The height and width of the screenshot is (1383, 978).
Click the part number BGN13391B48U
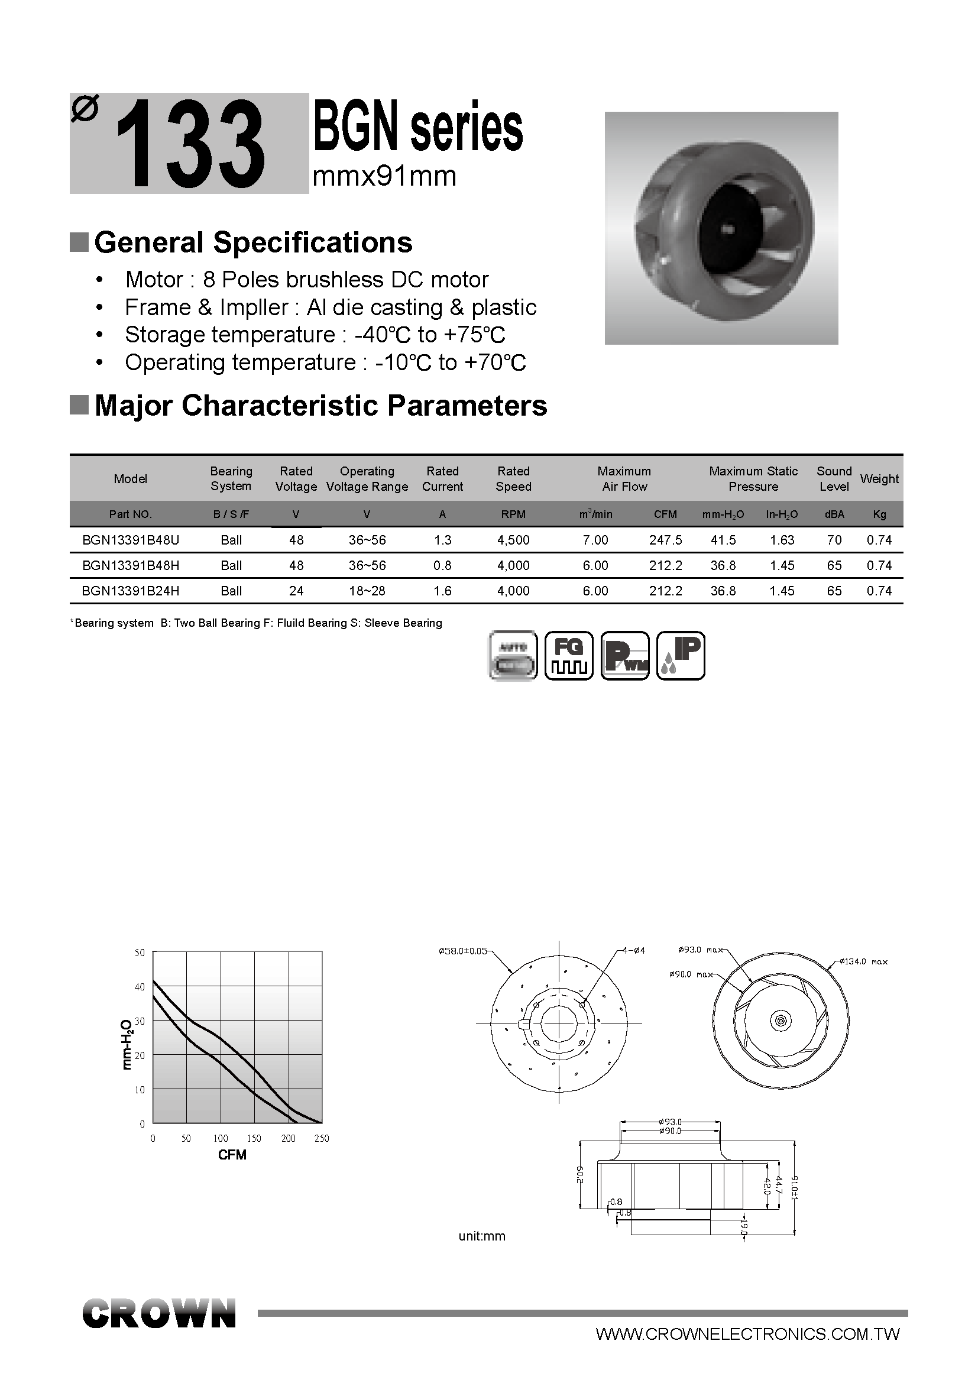pos(131,540)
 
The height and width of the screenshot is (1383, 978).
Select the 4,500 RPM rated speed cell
pos(513,540)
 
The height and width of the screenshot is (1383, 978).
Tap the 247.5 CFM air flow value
pos(665,540)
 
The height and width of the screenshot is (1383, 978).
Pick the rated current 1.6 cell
pos(443,591)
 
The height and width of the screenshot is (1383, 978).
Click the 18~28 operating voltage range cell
pos(367,591)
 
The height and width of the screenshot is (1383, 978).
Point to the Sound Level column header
pos(834,479)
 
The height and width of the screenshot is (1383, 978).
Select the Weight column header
pos(879,479)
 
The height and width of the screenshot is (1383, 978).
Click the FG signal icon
pos(569,656)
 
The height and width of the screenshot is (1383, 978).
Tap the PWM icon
pos(625,656)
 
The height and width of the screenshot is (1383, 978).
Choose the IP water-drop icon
pos(681,656)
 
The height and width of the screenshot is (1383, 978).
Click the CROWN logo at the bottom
pos(159,1314)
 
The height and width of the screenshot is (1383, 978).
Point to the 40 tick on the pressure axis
pos(140,987)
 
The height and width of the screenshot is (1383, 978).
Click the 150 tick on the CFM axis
pos(254,1138)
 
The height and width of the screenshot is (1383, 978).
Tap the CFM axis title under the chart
pos(232,1155)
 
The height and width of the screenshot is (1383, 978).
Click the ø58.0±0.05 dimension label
pos(462,952)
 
